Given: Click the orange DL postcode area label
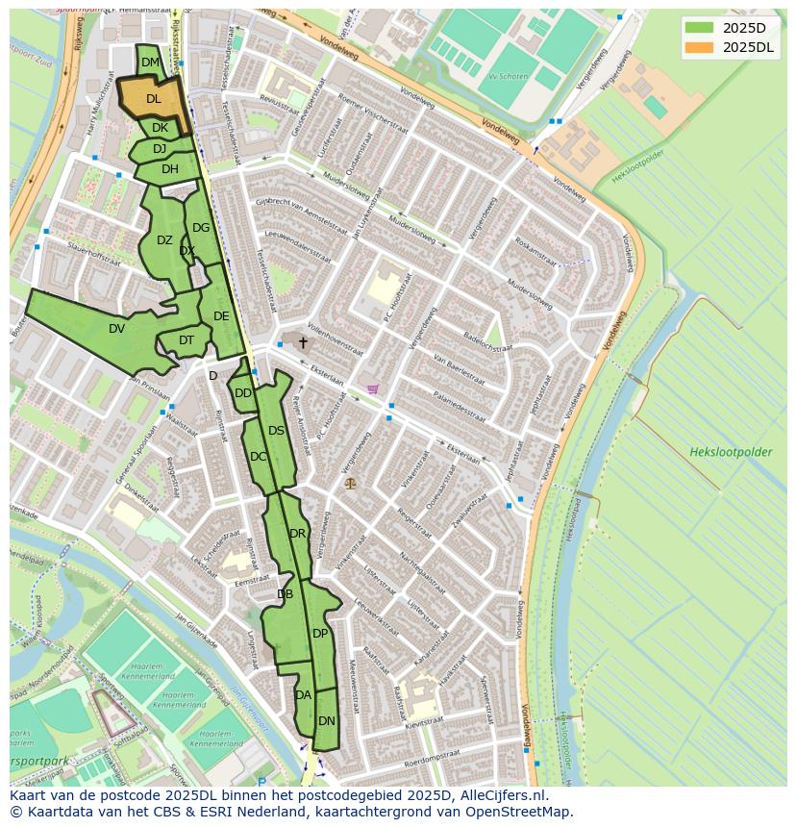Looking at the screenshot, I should click(154, 98).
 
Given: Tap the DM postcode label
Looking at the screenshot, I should click(151, 63).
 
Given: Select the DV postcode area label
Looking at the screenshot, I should click(116, 328).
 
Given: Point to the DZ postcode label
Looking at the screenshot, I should click(164, 240).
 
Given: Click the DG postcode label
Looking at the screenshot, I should click(200, 228).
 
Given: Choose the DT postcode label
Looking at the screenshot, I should click(187, 339).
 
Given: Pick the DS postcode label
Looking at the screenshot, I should click(276, 430).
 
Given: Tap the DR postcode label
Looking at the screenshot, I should click(297, 533).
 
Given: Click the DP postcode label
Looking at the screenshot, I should click(320, 633).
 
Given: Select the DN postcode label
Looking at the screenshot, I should click(327, 720).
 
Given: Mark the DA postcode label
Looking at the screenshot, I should click(303, 694).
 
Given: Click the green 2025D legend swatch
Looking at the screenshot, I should click(700, 27).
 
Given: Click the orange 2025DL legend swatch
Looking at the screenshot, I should click(700, 46).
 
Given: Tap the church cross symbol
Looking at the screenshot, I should click(303, 342).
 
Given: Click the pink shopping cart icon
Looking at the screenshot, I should click(372, 389).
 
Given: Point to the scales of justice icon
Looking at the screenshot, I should click(349, 482).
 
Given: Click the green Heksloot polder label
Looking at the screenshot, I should click(731, 451).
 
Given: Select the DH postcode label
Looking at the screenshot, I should click(170, 169).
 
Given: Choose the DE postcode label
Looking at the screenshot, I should click(221, 315).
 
